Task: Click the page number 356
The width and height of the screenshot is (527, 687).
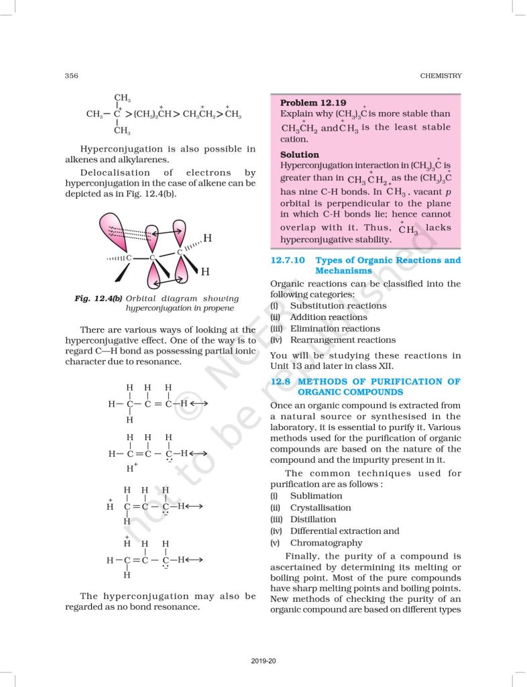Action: (72, 76)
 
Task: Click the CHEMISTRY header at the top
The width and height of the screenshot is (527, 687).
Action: (441, 76)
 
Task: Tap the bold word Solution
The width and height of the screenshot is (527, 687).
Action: (300, 154)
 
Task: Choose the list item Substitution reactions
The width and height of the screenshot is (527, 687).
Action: (338, 305)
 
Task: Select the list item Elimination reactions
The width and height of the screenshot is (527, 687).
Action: (335, 329)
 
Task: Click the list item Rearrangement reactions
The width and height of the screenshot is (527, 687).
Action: (343, 340)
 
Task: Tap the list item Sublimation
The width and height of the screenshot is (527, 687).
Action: (316, 496)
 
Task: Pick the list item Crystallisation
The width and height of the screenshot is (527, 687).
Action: (320, 508)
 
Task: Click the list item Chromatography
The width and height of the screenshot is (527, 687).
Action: (326, 543)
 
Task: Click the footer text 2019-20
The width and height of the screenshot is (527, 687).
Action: (263, 662)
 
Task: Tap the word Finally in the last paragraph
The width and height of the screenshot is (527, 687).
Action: (302, 556)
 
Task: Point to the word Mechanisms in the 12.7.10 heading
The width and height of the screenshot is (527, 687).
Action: (343, 270)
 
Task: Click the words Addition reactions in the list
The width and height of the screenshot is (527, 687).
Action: (329, 317)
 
